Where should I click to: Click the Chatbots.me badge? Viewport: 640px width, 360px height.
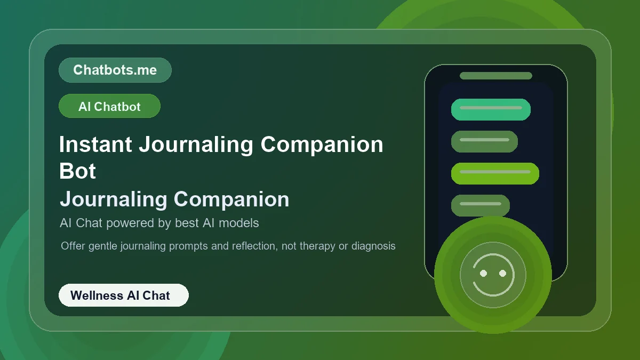115,70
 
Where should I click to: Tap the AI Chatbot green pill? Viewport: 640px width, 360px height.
109,106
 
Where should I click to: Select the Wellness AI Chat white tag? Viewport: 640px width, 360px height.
123,295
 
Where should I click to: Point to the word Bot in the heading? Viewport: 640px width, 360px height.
78,171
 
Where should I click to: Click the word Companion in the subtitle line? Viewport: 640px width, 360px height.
231,199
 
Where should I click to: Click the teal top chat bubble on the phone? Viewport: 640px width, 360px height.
491,109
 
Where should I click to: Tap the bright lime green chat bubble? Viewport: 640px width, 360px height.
495,173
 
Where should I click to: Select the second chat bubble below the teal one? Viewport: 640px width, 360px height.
484,141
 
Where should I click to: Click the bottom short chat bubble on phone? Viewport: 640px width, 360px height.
480,205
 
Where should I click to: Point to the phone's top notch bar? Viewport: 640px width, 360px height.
496,76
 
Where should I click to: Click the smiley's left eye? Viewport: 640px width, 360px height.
483,273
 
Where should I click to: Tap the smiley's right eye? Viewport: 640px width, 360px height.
502,273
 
